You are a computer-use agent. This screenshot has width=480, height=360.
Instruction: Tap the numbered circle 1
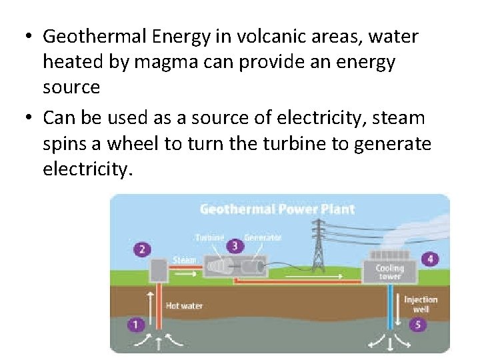coord(136,325)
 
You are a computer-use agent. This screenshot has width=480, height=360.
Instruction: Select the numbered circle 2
coord(141,250)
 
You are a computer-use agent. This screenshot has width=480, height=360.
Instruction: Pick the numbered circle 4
coord(430,259)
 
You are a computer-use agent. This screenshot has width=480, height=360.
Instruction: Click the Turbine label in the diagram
coord(209,237)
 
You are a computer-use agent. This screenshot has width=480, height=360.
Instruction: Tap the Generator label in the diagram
coord(263,237)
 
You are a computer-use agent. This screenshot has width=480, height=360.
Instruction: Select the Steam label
coord(184,260)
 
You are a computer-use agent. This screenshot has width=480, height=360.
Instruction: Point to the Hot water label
coord(184,306)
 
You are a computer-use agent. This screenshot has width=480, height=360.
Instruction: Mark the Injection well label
coord(420,304)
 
